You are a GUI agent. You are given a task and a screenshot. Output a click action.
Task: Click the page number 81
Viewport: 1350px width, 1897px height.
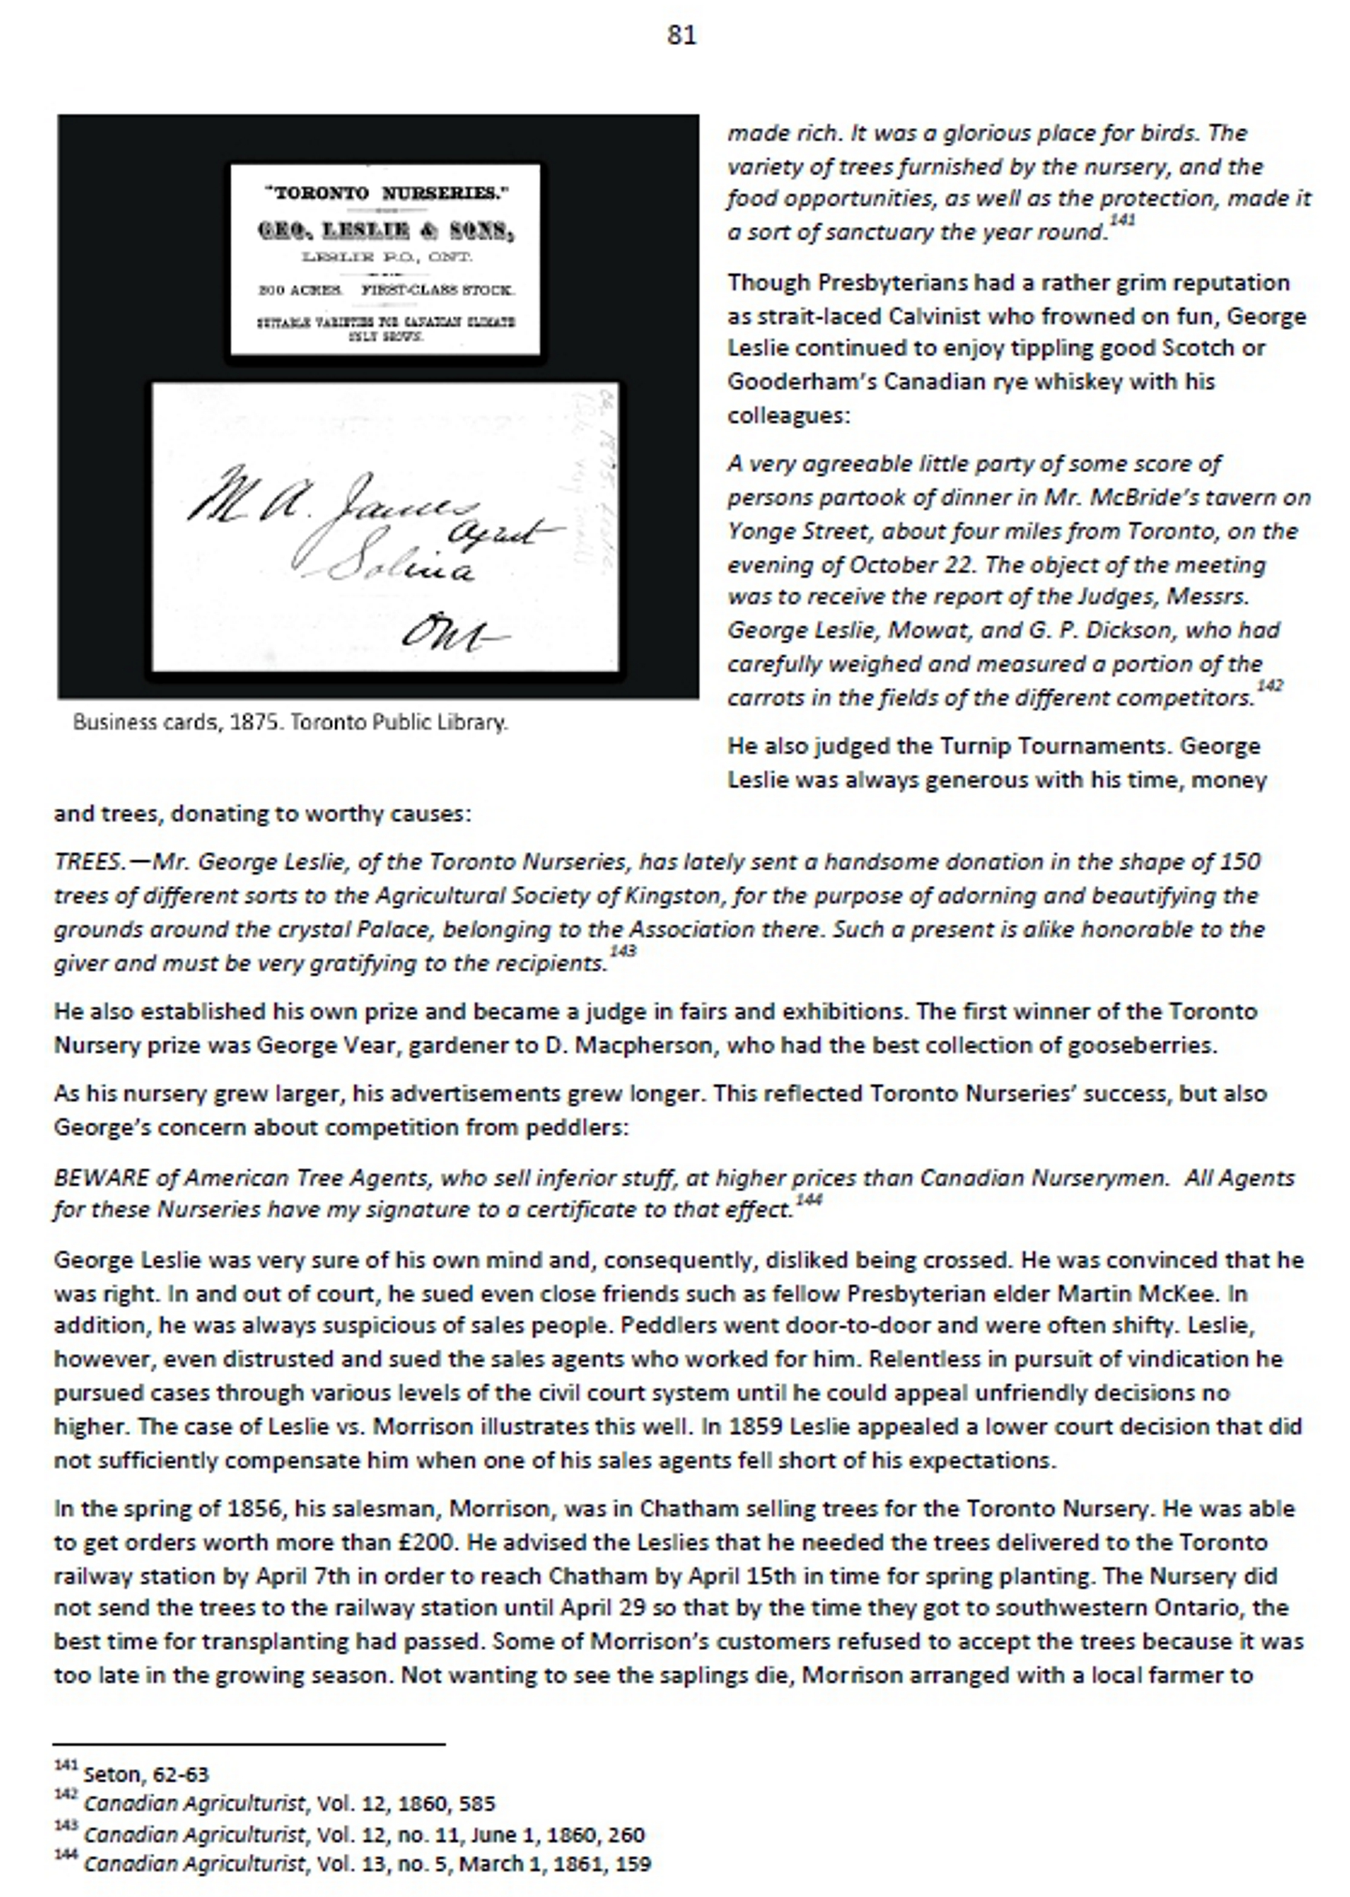(x=681, y=35)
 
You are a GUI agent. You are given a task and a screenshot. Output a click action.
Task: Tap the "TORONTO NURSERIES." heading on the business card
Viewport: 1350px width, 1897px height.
(x=385, y=193)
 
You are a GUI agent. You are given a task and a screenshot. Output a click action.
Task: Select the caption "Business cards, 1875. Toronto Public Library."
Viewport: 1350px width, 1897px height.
(x=290, y=722)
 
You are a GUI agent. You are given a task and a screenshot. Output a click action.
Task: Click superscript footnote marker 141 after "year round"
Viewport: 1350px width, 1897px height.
(x=1122, y=221)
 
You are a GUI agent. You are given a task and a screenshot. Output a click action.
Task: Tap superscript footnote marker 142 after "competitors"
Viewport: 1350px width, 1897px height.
(x=1269, y=685)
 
